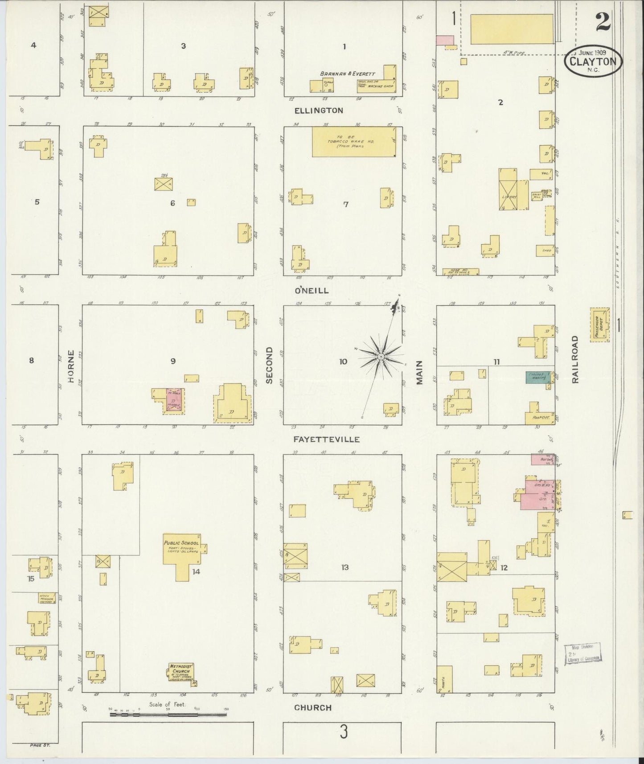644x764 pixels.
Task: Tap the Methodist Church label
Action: (180, 669)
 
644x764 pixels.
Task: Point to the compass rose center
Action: (381, 357)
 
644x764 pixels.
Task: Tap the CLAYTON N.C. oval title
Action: (593, 62)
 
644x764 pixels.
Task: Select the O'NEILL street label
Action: (312, 291)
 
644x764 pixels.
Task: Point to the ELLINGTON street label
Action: (319, 111)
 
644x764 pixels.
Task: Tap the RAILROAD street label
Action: (575, 359)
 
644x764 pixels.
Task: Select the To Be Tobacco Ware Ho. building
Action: (354, 142)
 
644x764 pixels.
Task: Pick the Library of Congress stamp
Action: (583, 654)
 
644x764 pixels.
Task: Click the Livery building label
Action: (513, 197)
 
